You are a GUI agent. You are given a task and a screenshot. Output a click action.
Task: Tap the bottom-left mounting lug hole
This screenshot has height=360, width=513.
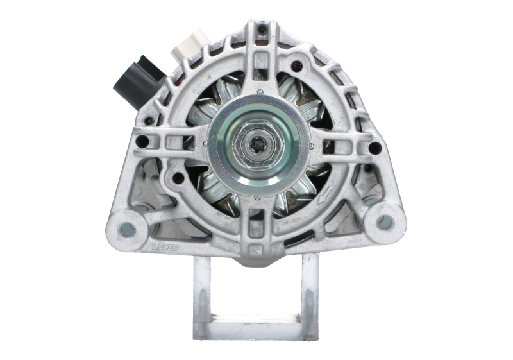point(128,225)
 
